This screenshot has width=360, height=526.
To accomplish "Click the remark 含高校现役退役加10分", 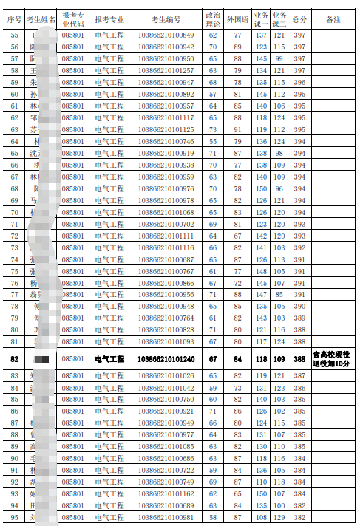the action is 333,359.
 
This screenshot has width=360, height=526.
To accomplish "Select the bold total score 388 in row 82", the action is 299,359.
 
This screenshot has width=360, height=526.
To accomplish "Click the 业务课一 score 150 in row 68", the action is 260,188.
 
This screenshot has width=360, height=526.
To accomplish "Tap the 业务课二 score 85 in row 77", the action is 279,294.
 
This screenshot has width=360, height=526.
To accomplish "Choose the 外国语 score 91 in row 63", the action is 237,129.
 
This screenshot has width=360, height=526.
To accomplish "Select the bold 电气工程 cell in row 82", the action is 110,359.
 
